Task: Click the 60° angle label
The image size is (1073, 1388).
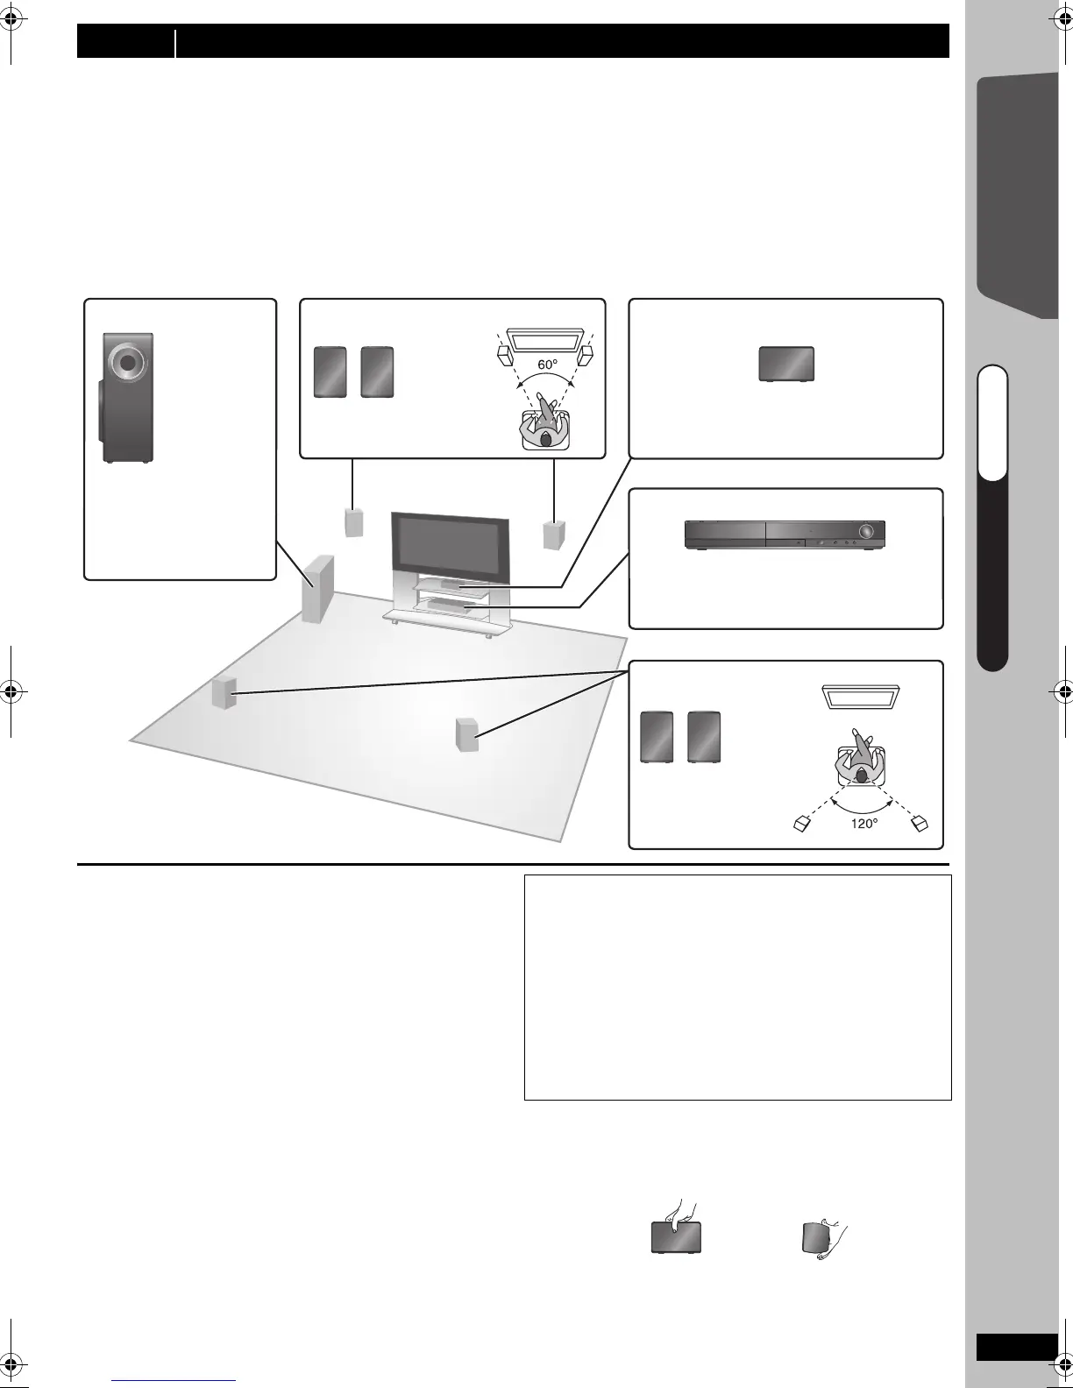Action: (x=549, y=364)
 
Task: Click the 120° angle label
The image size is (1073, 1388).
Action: (x=863, y=824)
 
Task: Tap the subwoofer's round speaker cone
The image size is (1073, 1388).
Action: (x=128, y=361)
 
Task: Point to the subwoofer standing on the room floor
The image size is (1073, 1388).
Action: (x=317, y=588)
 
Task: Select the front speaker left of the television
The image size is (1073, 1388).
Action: (x=352, y=522)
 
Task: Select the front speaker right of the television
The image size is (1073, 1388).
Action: (x=554, y=534)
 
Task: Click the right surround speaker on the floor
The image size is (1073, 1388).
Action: (x=466, y=733)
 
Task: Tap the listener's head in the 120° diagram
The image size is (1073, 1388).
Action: (x=862, y=775)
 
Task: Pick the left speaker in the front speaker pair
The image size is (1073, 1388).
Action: (x=330, y=372)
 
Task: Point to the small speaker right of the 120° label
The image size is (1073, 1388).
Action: (x=919, y=823)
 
